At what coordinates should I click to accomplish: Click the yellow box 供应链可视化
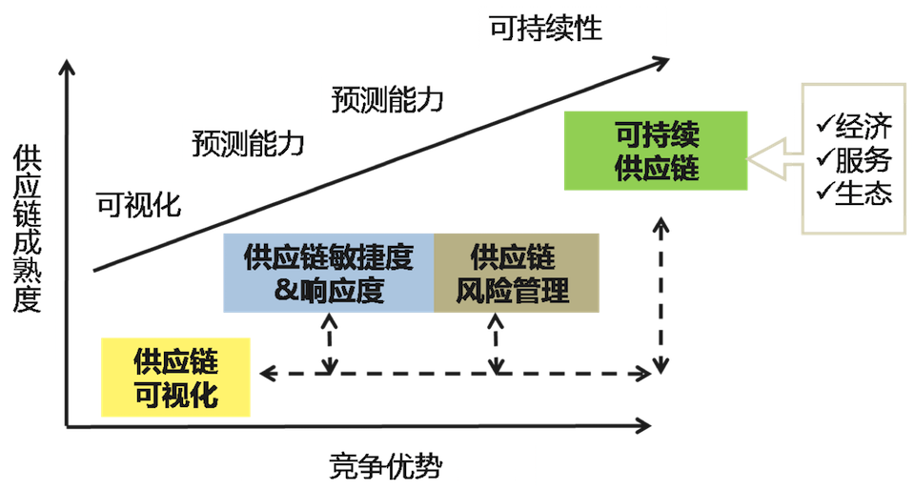pyautogui.click(x=176, y=378)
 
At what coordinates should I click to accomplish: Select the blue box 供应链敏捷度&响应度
pyautogui.click(x=329, y=273)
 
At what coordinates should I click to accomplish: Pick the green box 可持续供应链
pyautogui.click(x=657, y=151)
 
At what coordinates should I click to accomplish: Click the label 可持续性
pyautogui.click(x=545, y=28)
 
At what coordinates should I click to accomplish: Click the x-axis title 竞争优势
pyautogui.click(x=385, y=466)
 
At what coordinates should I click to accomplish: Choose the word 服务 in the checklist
pyautogui.click(x=864, y=159)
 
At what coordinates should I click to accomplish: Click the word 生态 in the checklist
pyautogui.click(x=864, y=193)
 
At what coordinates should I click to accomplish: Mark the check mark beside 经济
pyautogui.click(x=823, y=126)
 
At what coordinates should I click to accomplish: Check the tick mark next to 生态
pyautogui.click(x=823, y=193)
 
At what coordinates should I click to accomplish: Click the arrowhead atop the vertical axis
pyautogui.click(x=66, y=68)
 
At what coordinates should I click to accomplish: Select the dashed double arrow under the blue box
pyautogui.click(x=330, y=344)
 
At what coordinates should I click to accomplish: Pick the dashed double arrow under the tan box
pyautogui.click(x=497, y=344)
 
